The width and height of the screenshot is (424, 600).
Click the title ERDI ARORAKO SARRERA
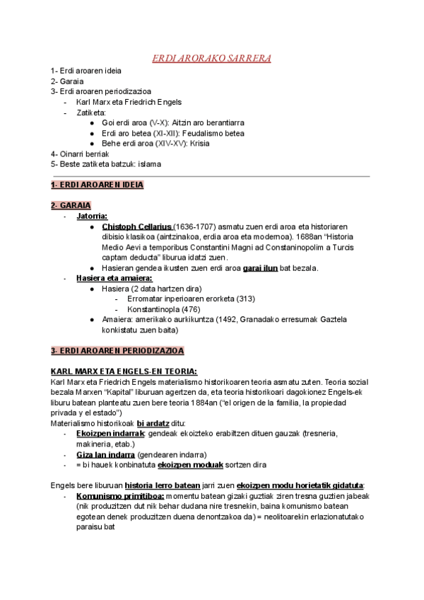tap(211, 58)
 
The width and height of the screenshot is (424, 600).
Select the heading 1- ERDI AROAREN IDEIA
tap(97, 185)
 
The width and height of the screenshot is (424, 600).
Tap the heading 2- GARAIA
tap(70, 205)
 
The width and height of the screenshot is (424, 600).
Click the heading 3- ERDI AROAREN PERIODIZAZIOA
tap(117, 350)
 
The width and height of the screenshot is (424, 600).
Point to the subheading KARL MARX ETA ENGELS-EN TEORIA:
tap(124, 371)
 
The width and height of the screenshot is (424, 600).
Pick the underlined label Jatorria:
tap(92, 216)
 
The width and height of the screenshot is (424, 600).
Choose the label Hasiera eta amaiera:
tap(114, 279)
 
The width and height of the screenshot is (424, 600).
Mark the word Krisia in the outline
tap(200, 143)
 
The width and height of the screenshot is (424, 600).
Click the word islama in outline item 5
tap(151, 164)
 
